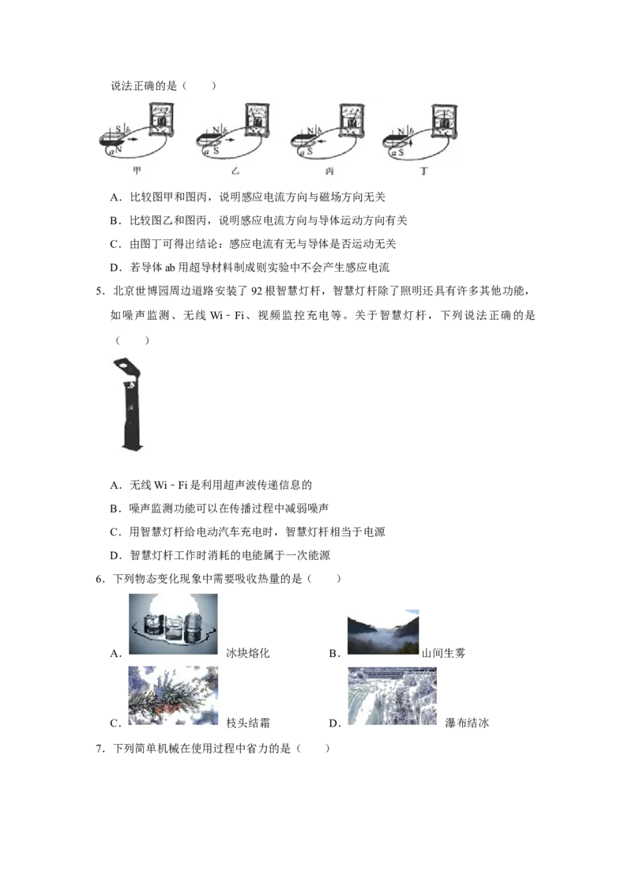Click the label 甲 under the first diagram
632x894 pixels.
[137, 171]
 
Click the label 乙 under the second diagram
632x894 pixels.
[235, 171]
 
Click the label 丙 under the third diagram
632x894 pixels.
[329, 171]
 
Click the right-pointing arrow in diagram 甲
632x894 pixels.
[134, 140]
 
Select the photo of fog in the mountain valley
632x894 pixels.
[382, 632]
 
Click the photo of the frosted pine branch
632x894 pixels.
[173, 694]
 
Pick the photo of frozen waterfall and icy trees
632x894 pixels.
[394, 697]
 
